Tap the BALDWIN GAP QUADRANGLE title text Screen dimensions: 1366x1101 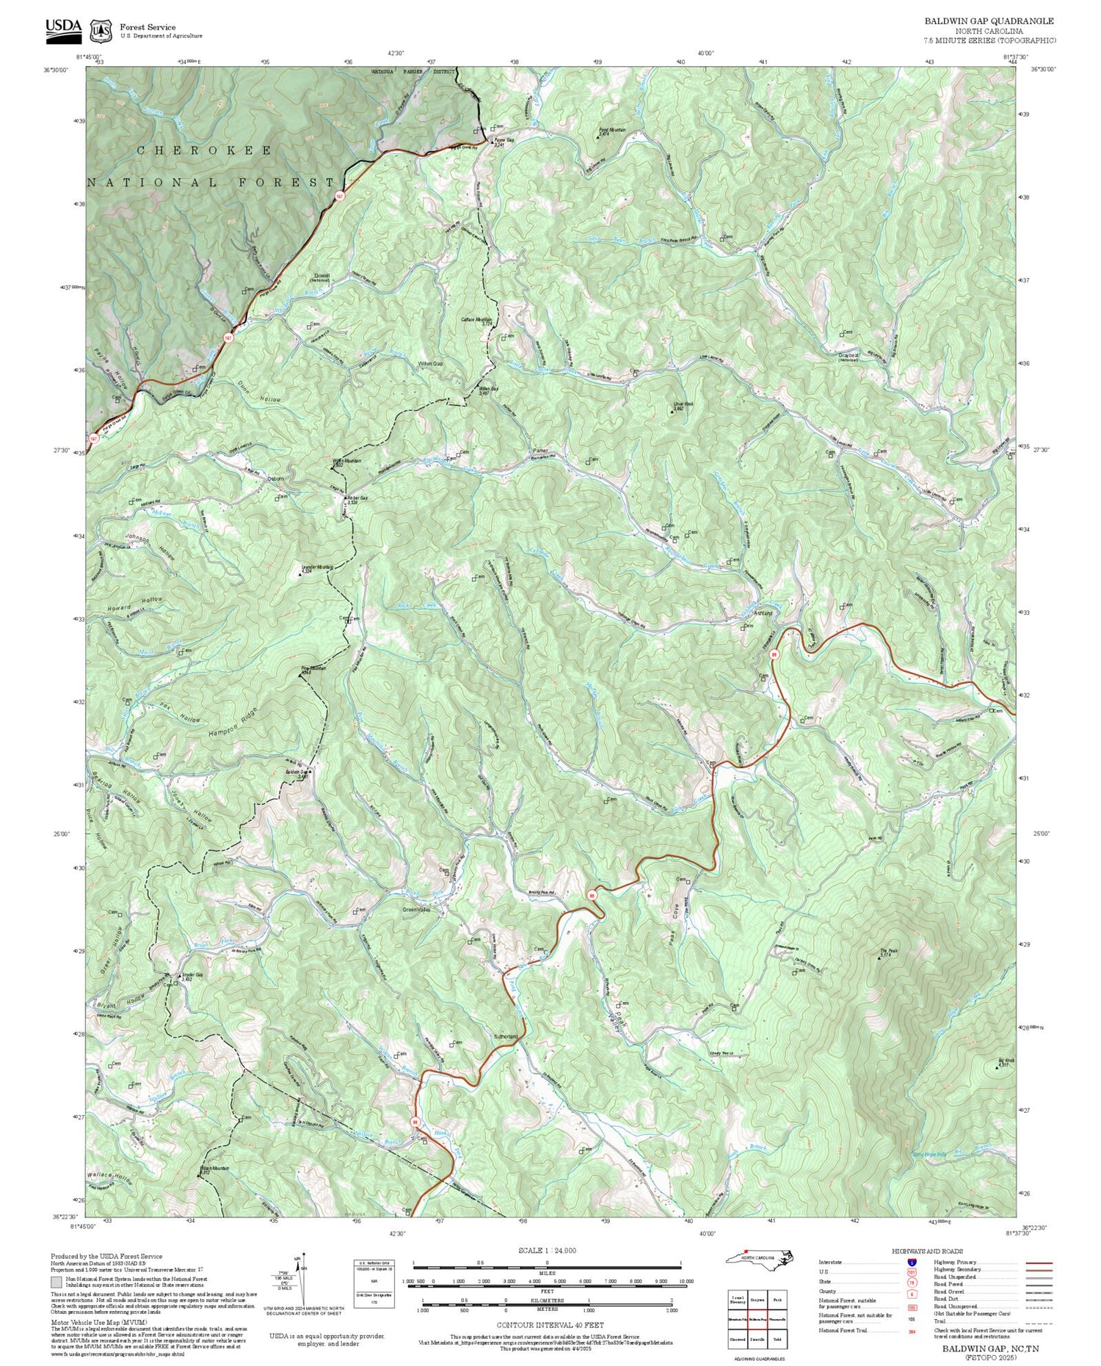(x=989, y=21)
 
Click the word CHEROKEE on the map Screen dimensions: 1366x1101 (x=204, y=150)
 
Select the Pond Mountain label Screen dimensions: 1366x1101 (x=611, y=131)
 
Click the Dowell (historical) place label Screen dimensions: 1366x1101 (x=321, y=278)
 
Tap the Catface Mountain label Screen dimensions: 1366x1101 (x=476, y=321)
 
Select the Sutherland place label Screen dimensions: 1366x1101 (x=506, y=1036)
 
